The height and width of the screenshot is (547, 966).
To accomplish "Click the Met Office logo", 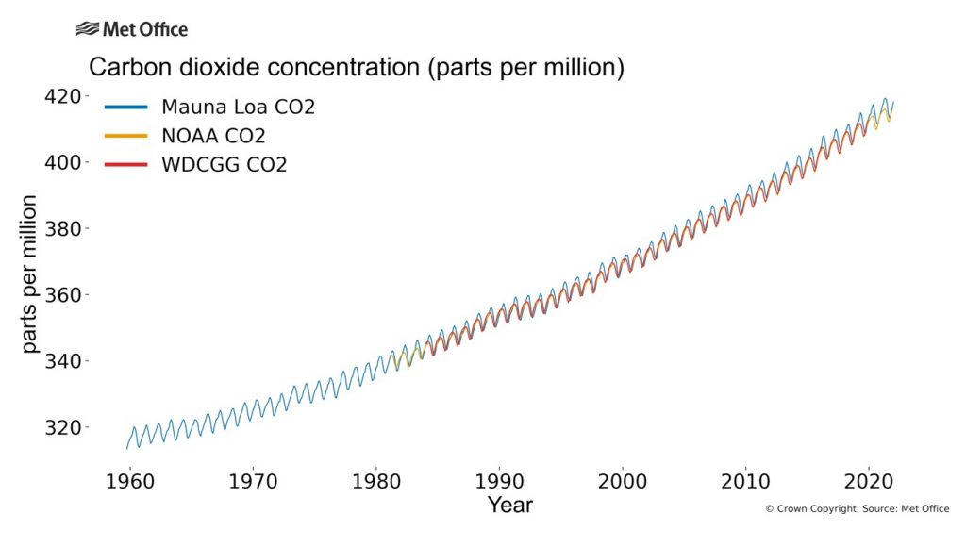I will (131, 29).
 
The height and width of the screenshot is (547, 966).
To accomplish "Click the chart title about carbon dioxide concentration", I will (358, 68).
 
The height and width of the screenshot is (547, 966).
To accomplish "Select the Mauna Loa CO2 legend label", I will (238, 107).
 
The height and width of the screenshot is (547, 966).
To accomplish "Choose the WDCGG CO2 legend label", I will (224, 165).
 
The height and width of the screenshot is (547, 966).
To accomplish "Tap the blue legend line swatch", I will (125, 107).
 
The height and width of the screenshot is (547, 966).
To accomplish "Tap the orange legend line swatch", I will (125, 136).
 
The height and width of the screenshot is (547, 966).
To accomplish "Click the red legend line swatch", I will (125, 165).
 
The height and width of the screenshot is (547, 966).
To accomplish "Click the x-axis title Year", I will (509, 505).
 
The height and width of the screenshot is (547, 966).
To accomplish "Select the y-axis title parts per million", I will (30, 273).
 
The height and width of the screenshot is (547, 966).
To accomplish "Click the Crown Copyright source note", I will (857, 509).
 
